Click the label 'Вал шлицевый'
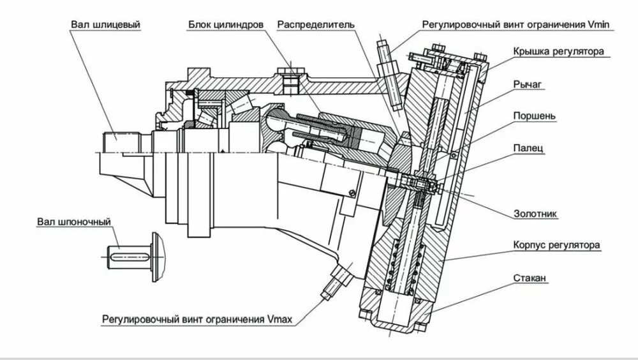click(105, 25)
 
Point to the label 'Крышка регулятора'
click(557, 51)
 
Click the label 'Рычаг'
click(528, 84)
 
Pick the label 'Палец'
click(528, 148)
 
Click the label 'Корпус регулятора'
click(557, 244)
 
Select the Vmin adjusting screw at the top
click(385, 57)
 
